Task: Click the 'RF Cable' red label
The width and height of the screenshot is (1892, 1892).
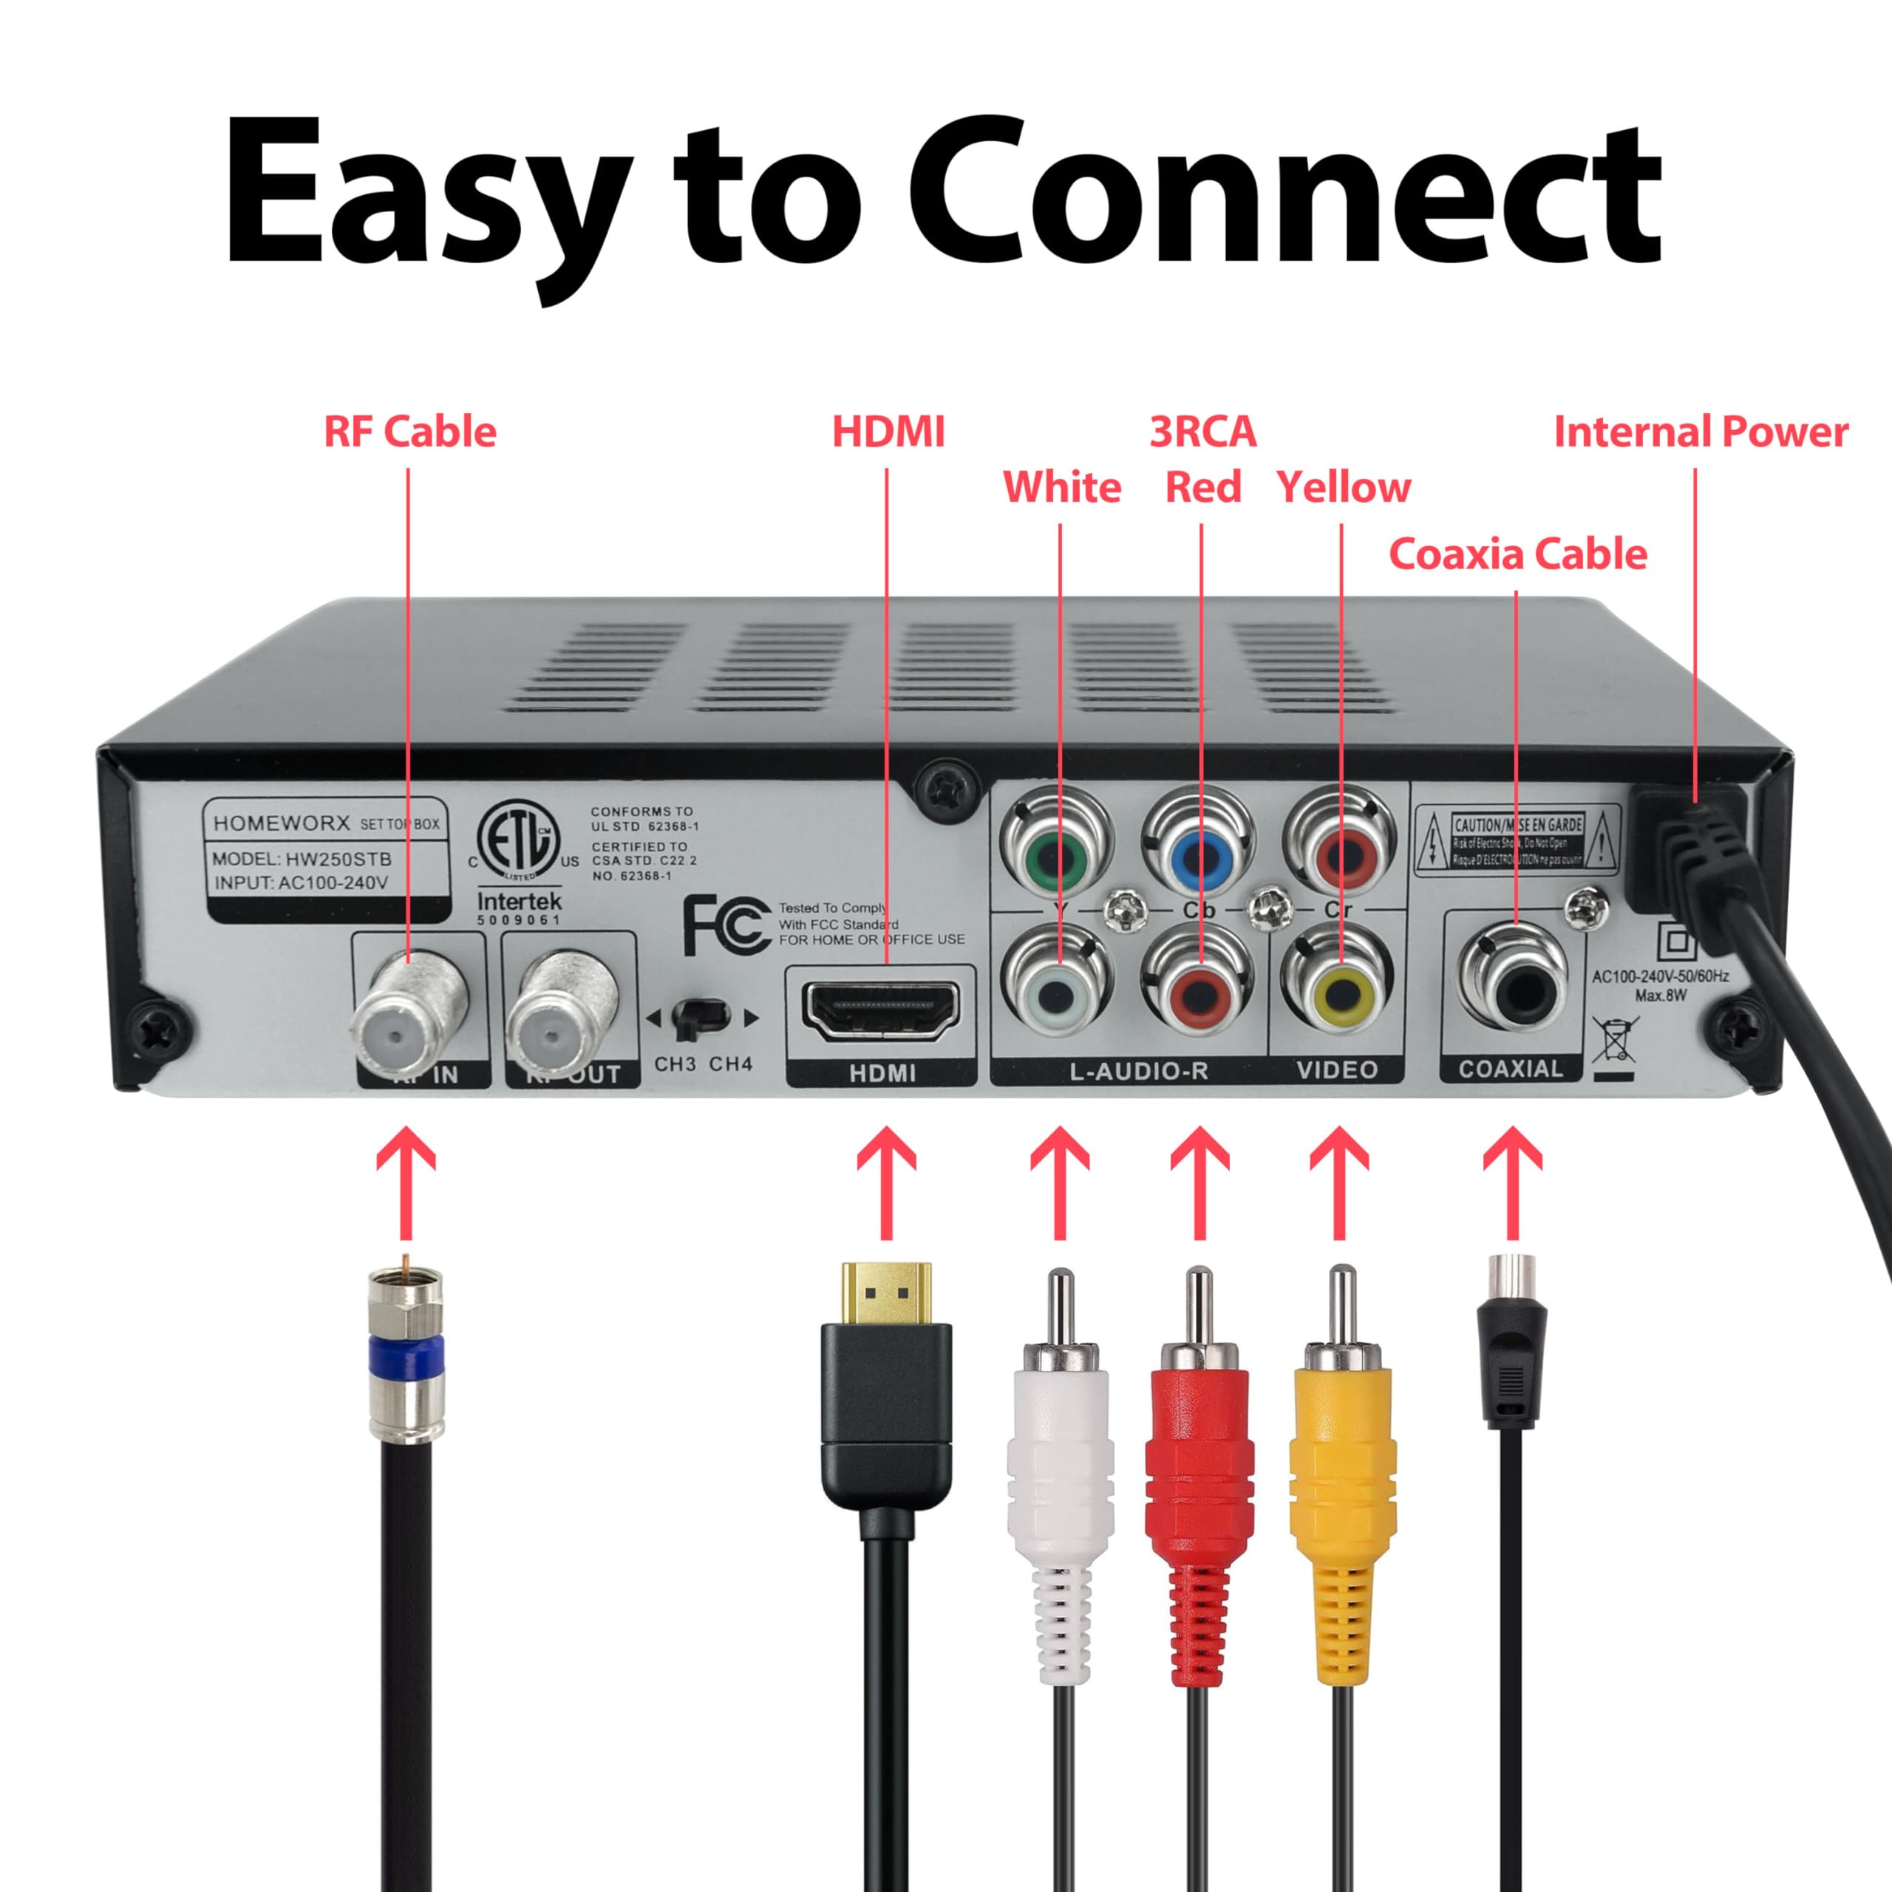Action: point(409,432)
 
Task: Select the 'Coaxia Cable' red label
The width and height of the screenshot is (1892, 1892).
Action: point(1517,554)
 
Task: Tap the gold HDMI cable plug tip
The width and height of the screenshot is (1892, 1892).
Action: point(885,1293)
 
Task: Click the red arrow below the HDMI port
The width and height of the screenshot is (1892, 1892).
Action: point(885,1181)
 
